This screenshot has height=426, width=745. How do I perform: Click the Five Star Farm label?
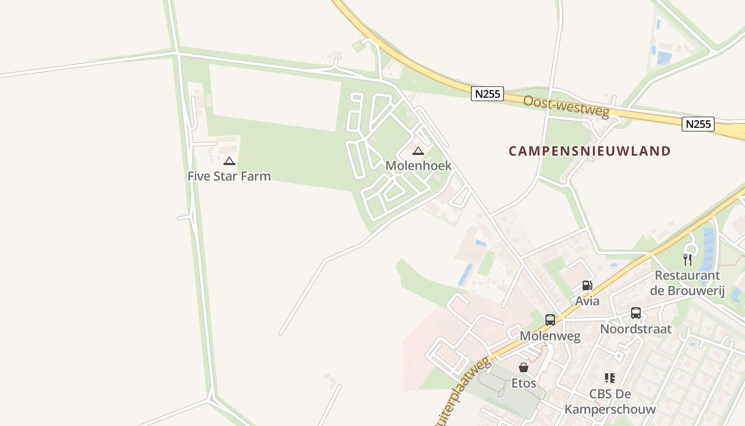coord(229,176)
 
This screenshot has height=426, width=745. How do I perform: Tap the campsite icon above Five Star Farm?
coord(229,161)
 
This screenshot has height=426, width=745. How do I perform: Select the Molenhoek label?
coord(418,166)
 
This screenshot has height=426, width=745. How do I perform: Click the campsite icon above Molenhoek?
coord(418,151)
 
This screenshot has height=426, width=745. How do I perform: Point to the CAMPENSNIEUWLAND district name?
coord(590,151)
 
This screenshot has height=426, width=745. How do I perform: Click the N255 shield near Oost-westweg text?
coord(487,94)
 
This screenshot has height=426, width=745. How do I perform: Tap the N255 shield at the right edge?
coord(698,124)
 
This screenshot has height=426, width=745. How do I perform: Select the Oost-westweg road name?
coord(566,107)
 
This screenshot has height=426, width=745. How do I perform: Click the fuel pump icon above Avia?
coord(587,285)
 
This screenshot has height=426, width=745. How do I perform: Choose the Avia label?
coord(587,301)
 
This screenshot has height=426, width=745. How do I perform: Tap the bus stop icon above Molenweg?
coord(550,320)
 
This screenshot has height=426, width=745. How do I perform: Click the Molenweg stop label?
coord(550,336)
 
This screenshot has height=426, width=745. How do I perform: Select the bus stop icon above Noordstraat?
coord(635,313)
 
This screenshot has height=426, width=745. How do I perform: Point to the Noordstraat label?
coord(635,329)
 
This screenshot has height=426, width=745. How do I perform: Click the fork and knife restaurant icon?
coord(688,260)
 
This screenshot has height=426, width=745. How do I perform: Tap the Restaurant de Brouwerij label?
coord(687,283)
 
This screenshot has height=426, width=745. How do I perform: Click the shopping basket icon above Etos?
coord(524,367)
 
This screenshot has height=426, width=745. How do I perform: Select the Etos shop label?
coord(524,383)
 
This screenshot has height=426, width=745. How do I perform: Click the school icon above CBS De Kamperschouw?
coord(610,378)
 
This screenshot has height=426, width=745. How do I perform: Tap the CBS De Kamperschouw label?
coord(610,402)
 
